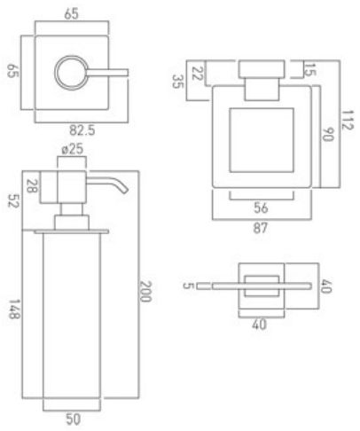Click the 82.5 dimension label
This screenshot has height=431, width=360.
[82, 130]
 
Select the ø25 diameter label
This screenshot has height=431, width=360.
[73, 149]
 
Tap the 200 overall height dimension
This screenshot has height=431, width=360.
[145, 291]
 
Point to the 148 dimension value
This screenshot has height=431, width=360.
[14, 310]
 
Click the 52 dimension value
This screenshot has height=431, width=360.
[13, 200]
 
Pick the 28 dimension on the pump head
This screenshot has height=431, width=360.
[32, 186]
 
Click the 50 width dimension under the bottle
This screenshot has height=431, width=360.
[73, 419]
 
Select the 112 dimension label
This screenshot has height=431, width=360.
[348, 120]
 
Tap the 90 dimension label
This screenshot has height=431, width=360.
[328, 135]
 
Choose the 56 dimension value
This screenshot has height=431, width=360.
[261, 208]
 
